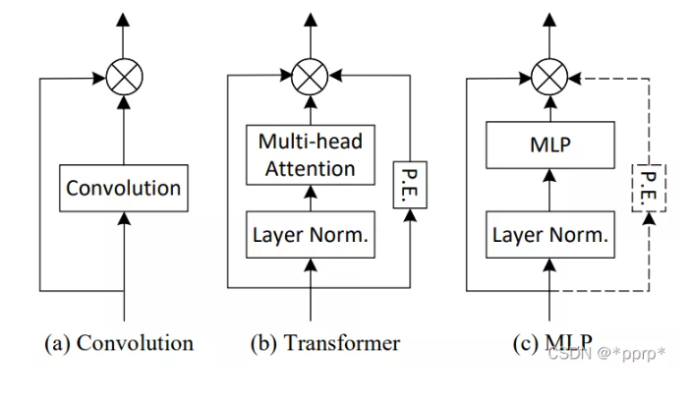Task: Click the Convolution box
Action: coord(124,187)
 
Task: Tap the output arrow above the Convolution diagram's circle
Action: coord(124,34)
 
